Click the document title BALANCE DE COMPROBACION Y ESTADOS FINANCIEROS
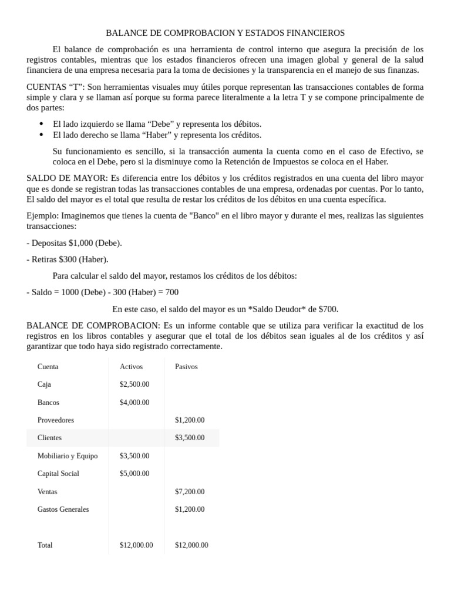pyautogui.click(x=225, y=33)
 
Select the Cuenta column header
pyautogui.click(x=48, y=367)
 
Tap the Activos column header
pyautogui.click(x=131, y=367)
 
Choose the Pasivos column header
pyautogui.click(x=186, y=367)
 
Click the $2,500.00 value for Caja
pyautogui.click(x=134, y=384)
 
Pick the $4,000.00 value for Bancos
pyautogui.click(x=134, y=403)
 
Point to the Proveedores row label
pyautogui.click(x=56, y=420)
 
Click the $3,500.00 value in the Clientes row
pyautogui.click(x=190, y=438)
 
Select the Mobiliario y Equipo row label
pyautogui.click(x=68, y=456)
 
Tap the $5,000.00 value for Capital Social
pyautogui.click(x=134, y=474)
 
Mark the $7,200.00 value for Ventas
pyautogui.click(x=190, y=492)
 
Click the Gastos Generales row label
pyautogui.click(x=63, y=509)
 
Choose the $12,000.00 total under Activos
pyautogui.click(x=136, y=545)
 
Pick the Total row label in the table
pyautogui.click(x=45, y=545)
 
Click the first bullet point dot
pyautogui.click(x=41, y=124)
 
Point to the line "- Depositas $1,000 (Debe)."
pyautogui.click(x=75, y=243)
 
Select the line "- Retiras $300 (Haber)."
pyautogui.click(x=68, y=259)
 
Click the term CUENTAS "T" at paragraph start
pyautogui.click(x=56, y=87)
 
